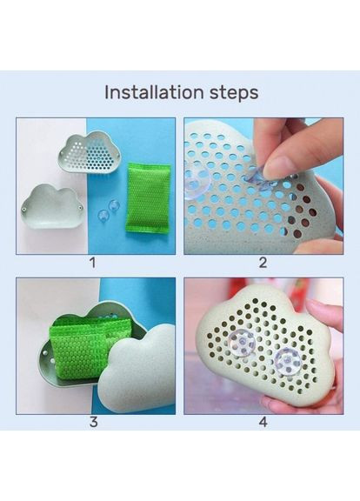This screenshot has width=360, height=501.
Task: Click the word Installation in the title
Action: pyautogui.click(x=154, y=92)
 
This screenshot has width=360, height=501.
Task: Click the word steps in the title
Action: pyautogui.click(x=234, y=93)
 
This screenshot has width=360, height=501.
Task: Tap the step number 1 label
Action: pyautogui.click(x=93, y=263)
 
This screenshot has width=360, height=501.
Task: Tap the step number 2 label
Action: pyautogui.click(x=263, y=263)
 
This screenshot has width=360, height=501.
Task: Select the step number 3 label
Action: pyautogui.click(x=93, y=422)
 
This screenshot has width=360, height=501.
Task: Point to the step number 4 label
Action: pyautogui.click(x=263, y=422)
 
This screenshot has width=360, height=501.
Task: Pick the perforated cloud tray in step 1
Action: pyautogui.click(x=90, y=152)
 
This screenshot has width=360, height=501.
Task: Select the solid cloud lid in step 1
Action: pyautogui.click(x=53, y=208)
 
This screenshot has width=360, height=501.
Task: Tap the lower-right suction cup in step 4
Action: pyautogui.click(x=287, y=361)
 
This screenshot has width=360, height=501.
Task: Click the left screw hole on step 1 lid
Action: pyautogui.click(x=24, y=210)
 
